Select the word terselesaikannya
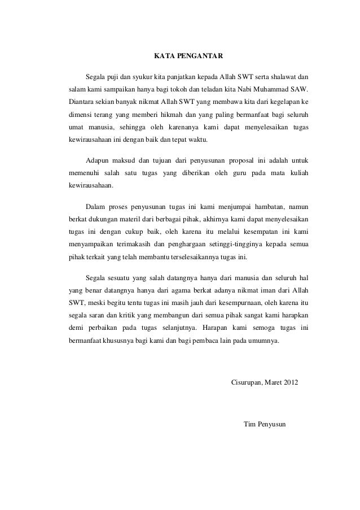(x=197, y=259)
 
